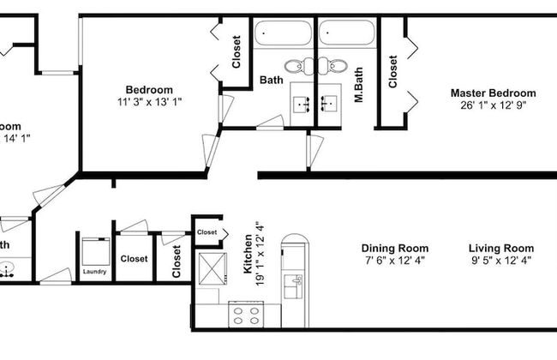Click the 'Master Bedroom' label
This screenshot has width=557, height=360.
coord(494,93)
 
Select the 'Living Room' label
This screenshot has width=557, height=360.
coord(502,248)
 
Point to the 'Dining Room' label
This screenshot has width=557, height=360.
coord(394,248)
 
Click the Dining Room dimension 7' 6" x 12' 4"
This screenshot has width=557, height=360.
coord(394,260)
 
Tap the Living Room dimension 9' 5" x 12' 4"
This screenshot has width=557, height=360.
coord(502,260)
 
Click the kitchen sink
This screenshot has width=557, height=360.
coord(295,286)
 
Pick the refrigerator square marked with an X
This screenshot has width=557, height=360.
coord(209,267)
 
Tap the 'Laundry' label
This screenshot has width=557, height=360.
coord(94,272)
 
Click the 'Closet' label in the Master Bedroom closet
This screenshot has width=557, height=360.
coord(393,72)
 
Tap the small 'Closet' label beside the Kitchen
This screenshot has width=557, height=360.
coord(207,232)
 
